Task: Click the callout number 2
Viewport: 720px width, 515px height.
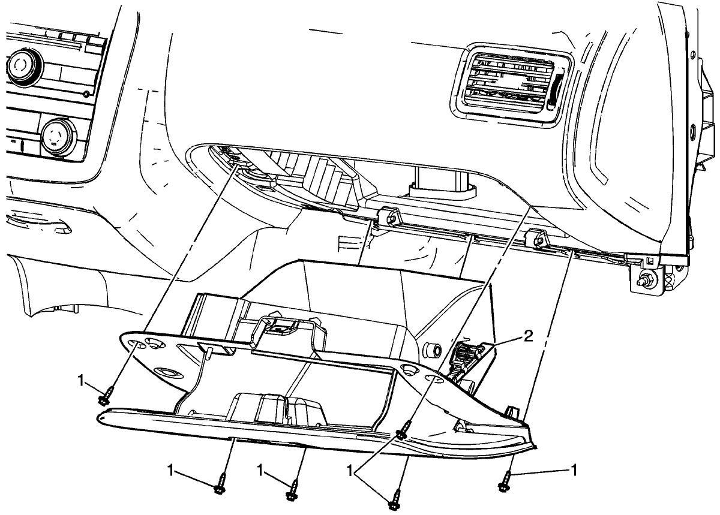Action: click(x=528, y=336)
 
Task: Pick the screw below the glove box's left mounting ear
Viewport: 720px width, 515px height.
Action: click(x=103, y=397)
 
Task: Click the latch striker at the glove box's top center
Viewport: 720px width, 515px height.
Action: click(x=280, y=327)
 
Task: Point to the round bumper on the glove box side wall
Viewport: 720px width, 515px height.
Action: click(x=431, y=348)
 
